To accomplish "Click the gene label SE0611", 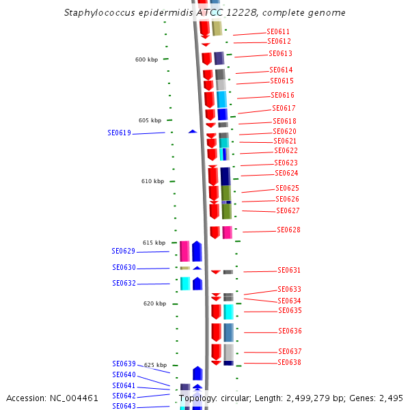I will click(278, 32).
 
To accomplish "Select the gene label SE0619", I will click(119, 133).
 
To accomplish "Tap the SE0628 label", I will click(288, 230).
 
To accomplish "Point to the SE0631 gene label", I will click(289, 271).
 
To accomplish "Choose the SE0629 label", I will click(123, 251).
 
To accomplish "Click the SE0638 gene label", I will click(289, 363).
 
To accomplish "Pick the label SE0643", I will click(124, 407).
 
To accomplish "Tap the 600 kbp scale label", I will click(146, 59).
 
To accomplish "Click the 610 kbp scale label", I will click(152, 181).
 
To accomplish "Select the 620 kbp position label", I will click(154, 303).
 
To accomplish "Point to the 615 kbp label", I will click(154, 243).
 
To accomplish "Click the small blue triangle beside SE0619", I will click(193, 131).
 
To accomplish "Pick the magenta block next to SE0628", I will click(227, 232).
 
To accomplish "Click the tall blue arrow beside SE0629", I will click(197, 251).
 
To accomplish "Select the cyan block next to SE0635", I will click(228, 312).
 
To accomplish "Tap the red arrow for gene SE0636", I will click(216, 332).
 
